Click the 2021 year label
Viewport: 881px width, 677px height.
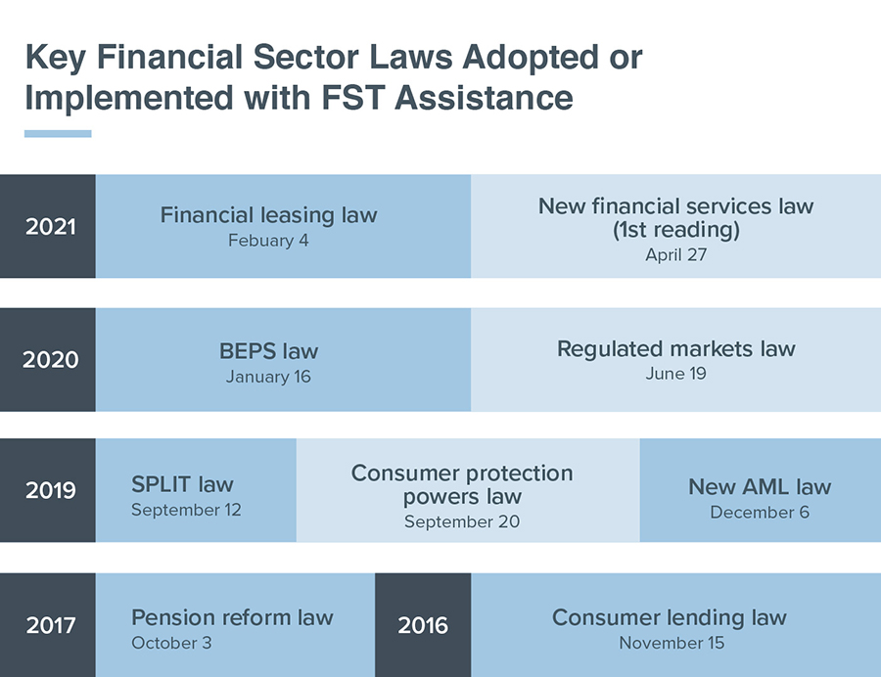click(x=51, y=226)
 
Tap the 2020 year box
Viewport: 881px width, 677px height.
click(x=48, y=359)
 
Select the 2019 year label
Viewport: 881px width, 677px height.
click(x=51, y=490)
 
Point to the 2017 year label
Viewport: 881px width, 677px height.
click(x=51, y=625)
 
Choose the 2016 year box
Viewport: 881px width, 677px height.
click(x=423, y=625)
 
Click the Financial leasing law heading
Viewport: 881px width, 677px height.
click(x=268, y=215)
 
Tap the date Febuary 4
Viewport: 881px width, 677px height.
click(x=268, y=241)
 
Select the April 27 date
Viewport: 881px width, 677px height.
click(x=675, y=255)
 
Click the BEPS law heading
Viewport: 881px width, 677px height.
click(x=268, y=351)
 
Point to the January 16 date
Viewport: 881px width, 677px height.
click(x=268, y=376)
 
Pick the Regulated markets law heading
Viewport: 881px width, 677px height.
click(x=675, y=349)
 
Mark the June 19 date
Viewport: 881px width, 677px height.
click(x=675, y=374)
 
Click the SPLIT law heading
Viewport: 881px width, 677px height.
click(x=182, y=484)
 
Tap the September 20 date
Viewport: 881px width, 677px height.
click(x=462, y=521)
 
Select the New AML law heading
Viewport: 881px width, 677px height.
click(x=760, y=486)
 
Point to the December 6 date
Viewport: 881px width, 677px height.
click(x=760, y=512)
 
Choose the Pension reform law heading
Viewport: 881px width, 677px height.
click(x=232, y=617)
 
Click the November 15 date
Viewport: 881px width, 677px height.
click(x=672, y=643)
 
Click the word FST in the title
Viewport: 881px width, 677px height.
click(x=352, y=98)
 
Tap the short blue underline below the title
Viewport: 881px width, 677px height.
click(x=58, y=134)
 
